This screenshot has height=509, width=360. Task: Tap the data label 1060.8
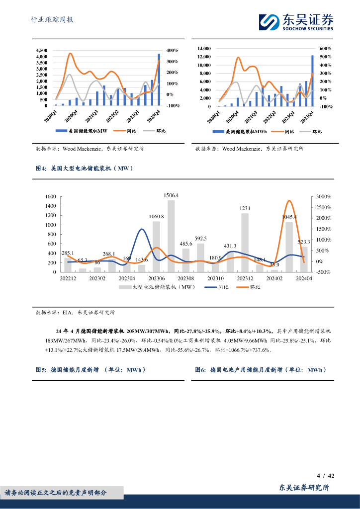click(156, 216)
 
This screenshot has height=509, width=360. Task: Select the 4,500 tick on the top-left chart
click(41, 51)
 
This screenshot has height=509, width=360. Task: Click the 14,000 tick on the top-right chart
click(204, 49)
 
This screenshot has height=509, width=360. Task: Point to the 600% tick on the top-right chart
click(325, 49)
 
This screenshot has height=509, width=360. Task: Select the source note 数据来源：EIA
click(75, 313)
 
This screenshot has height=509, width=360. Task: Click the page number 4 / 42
click(325, 476)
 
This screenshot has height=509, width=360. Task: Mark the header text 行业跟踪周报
click(52, 20)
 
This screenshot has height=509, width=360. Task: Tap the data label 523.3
click(304, 242)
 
